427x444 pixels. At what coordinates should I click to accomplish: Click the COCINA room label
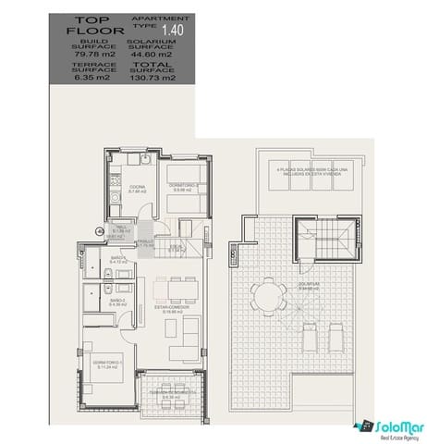136,188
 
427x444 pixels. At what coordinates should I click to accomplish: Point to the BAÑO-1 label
117,260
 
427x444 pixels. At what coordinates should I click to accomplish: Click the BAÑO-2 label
117,302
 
